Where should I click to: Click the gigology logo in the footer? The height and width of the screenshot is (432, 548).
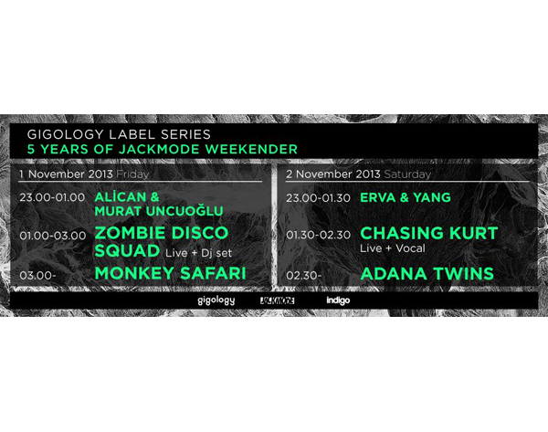tap(216, 300)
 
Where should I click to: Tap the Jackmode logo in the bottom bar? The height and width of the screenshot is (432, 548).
tap(277, 300)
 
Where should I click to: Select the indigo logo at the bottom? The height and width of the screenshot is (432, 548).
tap(338, 300)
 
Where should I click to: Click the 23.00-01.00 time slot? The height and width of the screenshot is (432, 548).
tap(52, 197)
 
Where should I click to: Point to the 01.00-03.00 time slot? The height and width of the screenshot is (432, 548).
tap(53, 236)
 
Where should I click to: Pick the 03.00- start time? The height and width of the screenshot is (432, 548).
tap(37, 276)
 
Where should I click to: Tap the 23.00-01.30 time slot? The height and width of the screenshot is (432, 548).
tap(318, 198)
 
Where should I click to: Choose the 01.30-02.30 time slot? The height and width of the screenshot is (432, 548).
tap(318, 235)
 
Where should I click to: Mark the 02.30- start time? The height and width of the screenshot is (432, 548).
tap(304, 276)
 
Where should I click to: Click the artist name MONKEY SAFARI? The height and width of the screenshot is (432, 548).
tap(171, 273)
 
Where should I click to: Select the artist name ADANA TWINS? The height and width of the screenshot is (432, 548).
tap(427, 274)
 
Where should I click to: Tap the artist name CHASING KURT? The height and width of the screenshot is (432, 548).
tap(429, 234)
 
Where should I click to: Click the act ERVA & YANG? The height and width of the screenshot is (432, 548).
tap(406, 197)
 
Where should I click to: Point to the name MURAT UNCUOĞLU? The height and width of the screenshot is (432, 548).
tap(159, 211)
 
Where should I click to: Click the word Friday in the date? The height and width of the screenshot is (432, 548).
tap(132, 174)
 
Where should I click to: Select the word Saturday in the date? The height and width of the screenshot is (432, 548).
tap(407, 174)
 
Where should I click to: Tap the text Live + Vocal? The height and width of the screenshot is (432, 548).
tap(393, 248)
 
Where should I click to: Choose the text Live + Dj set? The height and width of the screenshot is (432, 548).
tap(198, 253)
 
